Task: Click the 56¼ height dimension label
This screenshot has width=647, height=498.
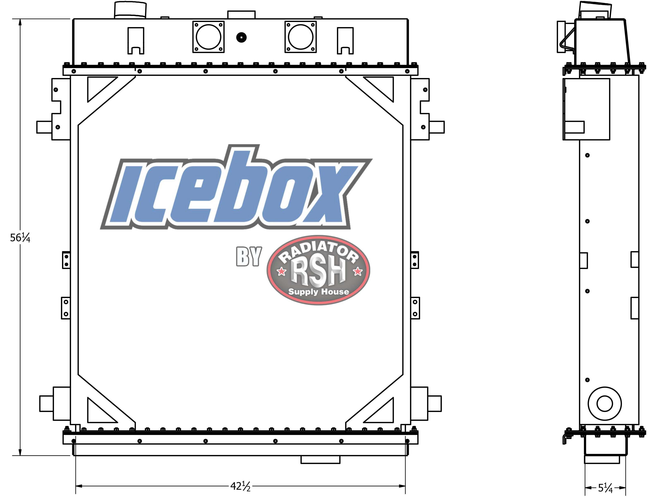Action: (x=20, y=237)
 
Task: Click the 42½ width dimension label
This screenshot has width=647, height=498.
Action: (x=240, y=486)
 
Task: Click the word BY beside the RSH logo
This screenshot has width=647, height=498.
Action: (x=249, y=256)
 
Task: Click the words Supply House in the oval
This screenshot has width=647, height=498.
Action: (x=319, y=292)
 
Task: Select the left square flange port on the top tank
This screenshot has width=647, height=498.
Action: (x=208, y=37)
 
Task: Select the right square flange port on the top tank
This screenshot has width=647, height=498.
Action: (x=301, y=37)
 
